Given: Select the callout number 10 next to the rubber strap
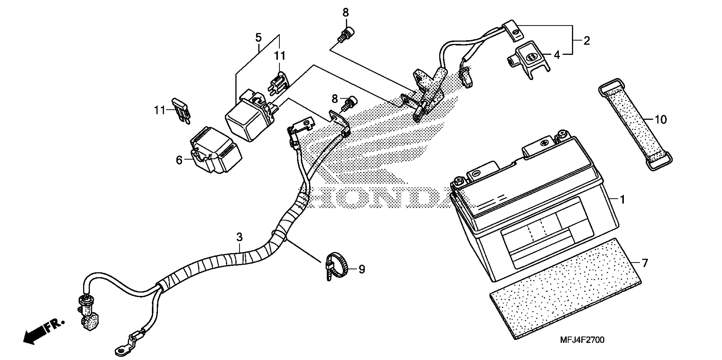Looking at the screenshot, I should click(661, 120).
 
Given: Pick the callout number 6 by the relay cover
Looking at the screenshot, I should click(179, 160).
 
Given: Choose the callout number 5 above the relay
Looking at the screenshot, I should click(258, 37).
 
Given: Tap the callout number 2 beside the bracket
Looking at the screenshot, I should click(587, 41).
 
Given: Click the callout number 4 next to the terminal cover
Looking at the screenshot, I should click(557, 55).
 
